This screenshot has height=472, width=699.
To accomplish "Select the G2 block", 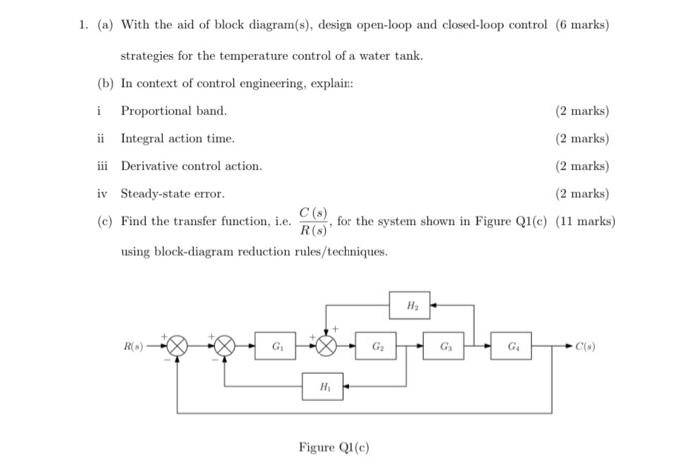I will pyautogui.click(x=378, y=346).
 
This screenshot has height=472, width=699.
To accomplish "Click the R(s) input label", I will pyautogui.click(x=134, y=346).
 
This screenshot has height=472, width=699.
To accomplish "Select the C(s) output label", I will pyautogui.click(x=587, y=346).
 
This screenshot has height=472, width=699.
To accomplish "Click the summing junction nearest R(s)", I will pyautogui.click(x=176, y=346).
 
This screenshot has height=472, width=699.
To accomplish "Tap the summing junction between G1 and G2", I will pyautogui.click(x=327, y=346).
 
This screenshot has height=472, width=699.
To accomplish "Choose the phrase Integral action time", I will pyautogui.click(x=177, y=138).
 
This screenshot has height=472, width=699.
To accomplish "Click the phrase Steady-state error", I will pyautogui.click(x=172, y=193).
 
